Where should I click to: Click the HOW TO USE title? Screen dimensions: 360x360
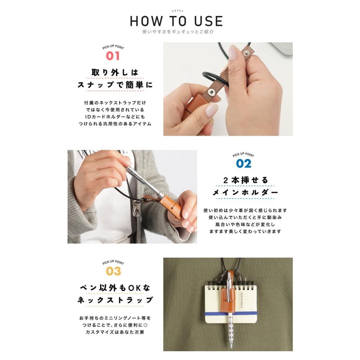tap(176, 21)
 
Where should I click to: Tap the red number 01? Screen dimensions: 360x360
tap(113, 56)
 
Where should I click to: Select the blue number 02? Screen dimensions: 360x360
tap(244, 164)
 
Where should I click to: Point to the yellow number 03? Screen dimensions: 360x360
tap(114, 271)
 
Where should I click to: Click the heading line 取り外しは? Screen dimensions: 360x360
tap(114, 72)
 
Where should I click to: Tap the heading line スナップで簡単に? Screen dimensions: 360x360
tap(115, 85)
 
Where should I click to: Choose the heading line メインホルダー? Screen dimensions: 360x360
tap(245, 192)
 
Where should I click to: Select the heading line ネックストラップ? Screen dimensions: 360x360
tap(115, 300)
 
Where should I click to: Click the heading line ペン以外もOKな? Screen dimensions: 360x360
tap(115, 288)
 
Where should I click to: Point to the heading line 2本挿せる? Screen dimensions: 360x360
tap(246, 180)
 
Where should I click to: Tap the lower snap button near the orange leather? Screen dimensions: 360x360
tap(211, 92)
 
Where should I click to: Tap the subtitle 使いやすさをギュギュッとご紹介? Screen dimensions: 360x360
tap(178, 32)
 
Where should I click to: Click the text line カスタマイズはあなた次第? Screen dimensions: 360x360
tap(115, 332)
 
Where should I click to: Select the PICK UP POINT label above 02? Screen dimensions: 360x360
tap(243, 155)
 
